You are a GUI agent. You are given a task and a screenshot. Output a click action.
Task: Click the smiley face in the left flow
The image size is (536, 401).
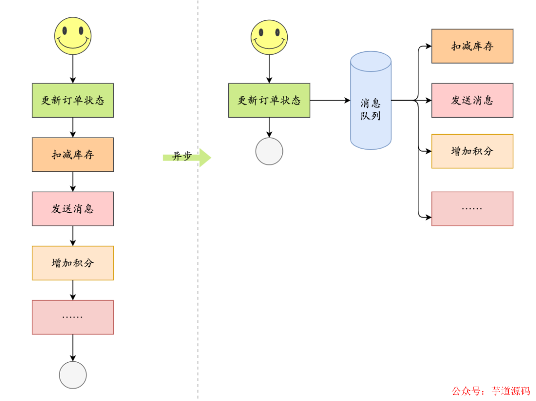(x=73, y=36)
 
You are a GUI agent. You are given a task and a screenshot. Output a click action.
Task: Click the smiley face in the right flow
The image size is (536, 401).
(x=269, y=37)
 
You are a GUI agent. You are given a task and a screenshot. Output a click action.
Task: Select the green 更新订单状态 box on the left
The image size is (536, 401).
(x=73, y=100)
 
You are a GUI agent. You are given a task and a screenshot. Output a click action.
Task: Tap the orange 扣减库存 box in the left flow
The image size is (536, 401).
(x=73, y=155)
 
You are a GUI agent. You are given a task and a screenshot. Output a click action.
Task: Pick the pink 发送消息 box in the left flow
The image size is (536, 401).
(x=73, y=209)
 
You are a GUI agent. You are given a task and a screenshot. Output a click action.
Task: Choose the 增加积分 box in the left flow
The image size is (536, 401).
(x=73, y=263)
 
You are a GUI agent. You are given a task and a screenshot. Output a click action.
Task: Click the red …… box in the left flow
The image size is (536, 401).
(x=73, y=317)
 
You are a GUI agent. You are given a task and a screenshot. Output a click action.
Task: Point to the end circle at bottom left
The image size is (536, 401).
(x=73, y=375)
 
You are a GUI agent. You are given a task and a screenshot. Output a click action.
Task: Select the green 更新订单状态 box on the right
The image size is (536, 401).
(x=269, y=100)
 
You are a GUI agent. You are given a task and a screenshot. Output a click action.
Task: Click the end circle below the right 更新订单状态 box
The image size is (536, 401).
(x=269, y=152)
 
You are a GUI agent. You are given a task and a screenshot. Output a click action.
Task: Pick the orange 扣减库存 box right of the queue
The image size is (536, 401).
(x=472, y=46)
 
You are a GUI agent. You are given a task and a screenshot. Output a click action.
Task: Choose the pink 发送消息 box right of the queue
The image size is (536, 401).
(x=472, y=100)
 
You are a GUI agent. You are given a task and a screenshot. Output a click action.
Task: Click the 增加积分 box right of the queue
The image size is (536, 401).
(x=472, y=151)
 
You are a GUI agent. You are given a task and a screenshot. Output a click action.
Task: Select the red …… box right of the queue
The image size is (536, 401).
(x=472, y=209)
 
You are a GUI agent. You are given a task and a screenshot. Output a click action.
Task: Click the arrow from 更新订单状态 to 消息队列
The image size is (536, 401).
(x=330, y=100)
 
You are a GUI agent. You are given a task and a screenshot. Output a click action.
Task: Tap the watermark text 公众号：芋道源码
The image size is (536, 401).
(x=490, y=391)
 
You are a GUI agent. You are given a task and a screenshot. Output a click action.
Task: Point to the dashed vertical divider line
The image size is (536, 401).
(x=198, y=248)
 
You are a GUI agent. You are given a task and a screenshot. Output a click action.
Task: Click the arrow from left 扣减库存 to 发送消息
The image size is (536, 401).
(x=73, y=182)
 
